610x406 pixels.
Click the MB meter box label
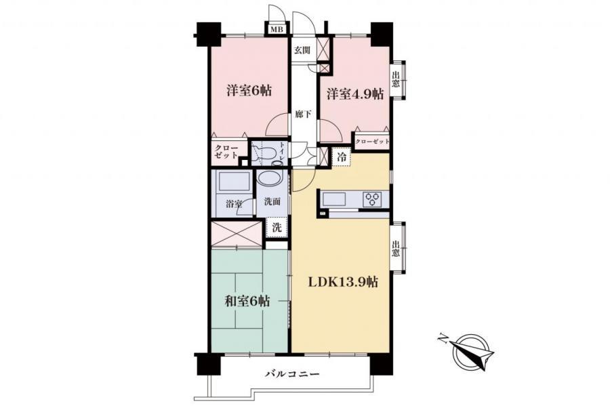click(277, 29)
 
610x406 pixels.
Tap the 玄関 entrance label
click(302, 50)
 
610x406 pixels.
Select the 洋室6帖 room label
click(249, 91)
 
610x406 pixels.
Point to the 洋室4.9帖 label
click(354, 94)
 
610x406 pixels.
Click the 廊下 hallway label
click(303, 115)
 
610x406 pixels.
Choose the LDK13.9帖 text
click(343, 283)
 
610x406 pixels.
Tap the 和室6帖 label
click(247, 302)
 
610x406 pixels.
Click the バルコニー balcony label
click(293, 375)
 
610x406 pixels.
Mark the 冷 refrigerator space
click(342, 157)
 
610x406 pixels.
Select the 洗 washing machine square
click(277, 227)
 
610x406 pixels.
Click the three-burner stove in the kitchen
click(373, 199)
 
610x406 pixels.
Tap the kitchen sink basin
click(334, 199)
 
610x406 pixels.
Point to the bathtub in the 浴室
click(234, 182)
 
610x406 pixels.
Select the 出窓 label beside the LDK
click(396, 249)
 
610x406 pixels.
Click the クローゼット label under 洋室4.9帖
click(372, 142)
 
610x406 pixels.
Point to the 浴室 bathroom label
click(235, 204)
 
